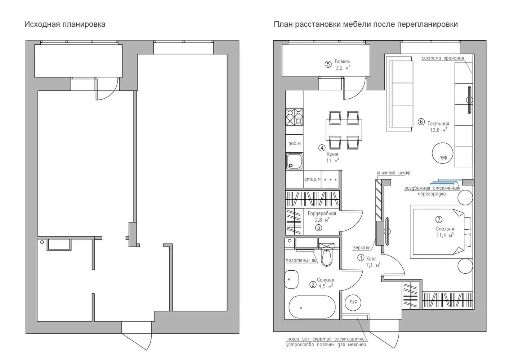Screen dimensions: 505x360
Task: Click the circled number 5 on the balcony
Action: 328,64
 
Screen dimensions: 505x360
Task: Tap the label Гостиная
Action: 438,123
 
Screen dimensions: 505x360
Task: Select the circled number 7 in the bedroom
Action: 439,219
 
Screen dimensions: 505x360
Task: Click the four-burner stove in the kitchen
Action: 294,117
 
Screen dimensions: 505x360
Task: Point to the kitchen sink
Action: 294,161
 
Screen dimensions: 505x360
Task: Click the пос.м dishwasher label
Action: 294,144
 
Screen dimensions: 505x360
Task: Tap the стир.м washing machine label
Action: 312,179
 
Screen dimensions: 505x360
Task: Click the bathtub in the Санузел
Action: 312,307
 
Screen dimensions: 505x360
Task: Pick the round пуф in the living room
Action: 443,153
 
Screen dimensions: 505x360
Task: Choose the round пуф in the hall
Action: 353,302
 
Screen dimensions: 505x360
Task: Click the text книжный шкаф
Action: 393,173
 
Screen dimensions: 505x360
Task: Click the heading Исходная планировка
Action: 65,24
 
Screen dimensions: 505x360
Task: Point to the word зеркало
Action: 362,248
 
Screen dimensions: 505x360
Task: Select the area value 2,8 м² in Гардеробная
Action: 322,220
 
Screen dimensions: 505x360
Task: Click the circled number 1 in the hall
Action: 361,257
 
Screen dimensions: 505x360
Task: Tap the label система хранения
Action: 443,58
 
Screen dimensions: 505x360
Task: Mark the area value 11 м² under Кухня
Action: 332,161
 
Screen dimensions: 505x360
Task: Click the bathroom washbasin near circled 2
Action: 291,279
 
